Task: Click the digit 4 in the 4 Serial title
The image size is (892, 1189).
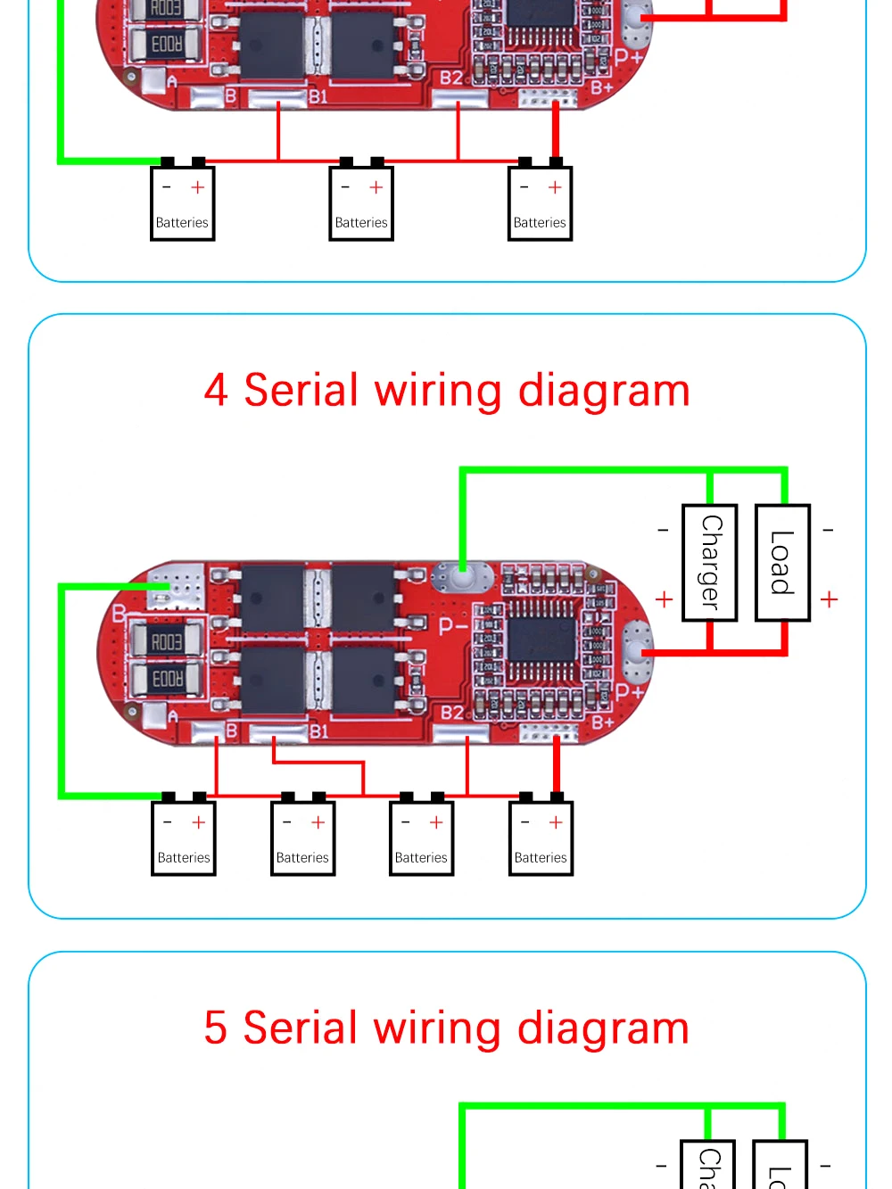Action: [216, 391]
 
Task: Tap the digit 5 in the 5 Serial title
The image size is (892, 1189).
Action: [216, 1028]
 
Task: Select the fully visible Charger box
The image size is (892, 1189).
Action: [710, 563]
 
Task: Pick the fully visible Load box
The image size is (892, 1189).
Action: [782, 563]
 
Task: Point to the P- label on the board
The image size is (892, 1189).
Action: [453, 625]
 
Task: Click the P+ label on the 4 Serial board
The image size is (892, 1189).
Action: [629, 691]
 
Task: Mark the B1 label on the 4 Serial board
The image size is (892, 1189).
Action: [318, 731]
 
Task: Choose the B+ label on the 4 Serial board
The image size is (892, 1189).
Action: [603, 721]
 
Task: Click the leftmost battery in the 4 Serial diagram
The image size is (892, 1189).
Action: [183, 838]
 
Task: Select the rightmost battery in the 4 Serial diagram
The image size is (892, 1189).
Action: [541, 838]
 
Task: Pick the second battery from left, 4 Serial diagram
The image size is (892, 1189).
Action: [302, 838]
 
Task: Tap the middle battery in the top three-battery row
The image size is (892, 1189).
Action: [361, 203]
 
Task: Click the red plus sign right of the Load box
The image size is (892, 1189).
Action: [830, 599]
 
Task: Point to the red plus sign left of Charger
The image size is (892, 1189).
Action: [664, 599]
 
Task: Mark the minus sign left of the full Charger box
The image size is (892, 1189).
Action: [663, 530]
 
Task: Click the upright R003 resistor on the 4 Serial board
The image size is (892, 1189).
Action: [166, 640]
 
